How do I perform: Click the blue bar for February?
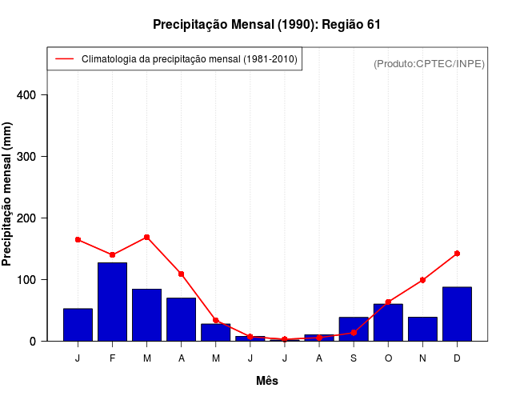pyautogui.click(x=112, y=302)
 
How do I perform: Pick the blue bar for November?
pyautogui.click(x=422, y=329)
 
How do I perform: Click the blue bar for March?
pyautogui.click(x=146, y=314)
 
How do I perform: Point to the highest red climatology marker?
pyautogui.click(x=146, y=237)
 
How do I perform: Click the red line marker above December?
pyautogui.click(x=457, y=254)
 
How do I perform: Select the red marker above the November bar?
pyautogui.click(x=422, y=280)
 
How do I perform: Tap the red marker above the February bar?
pyautogui.click(x=112, y=255)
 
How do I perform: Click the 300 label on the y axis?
pyautogui.click(x=38, y=157)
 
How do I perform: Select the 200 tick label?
pyautogui.click(x=38, y=218)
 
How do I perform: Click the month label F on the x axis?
pyautogui.click(x=112, y=358)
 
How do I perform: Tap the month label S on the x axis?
pyautogui.click(x=354, y=358)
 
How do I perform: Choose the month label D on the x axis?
pyautogui.click(x=457, y=358)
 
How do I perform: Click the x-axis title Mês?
pyautogui.click(x=267, y=381)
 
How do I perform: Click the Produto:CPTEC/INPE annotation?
pyautogui.click(x=429, y=63)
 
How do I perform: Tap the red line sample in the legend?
pyautogui.click(x=64, y=58)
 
